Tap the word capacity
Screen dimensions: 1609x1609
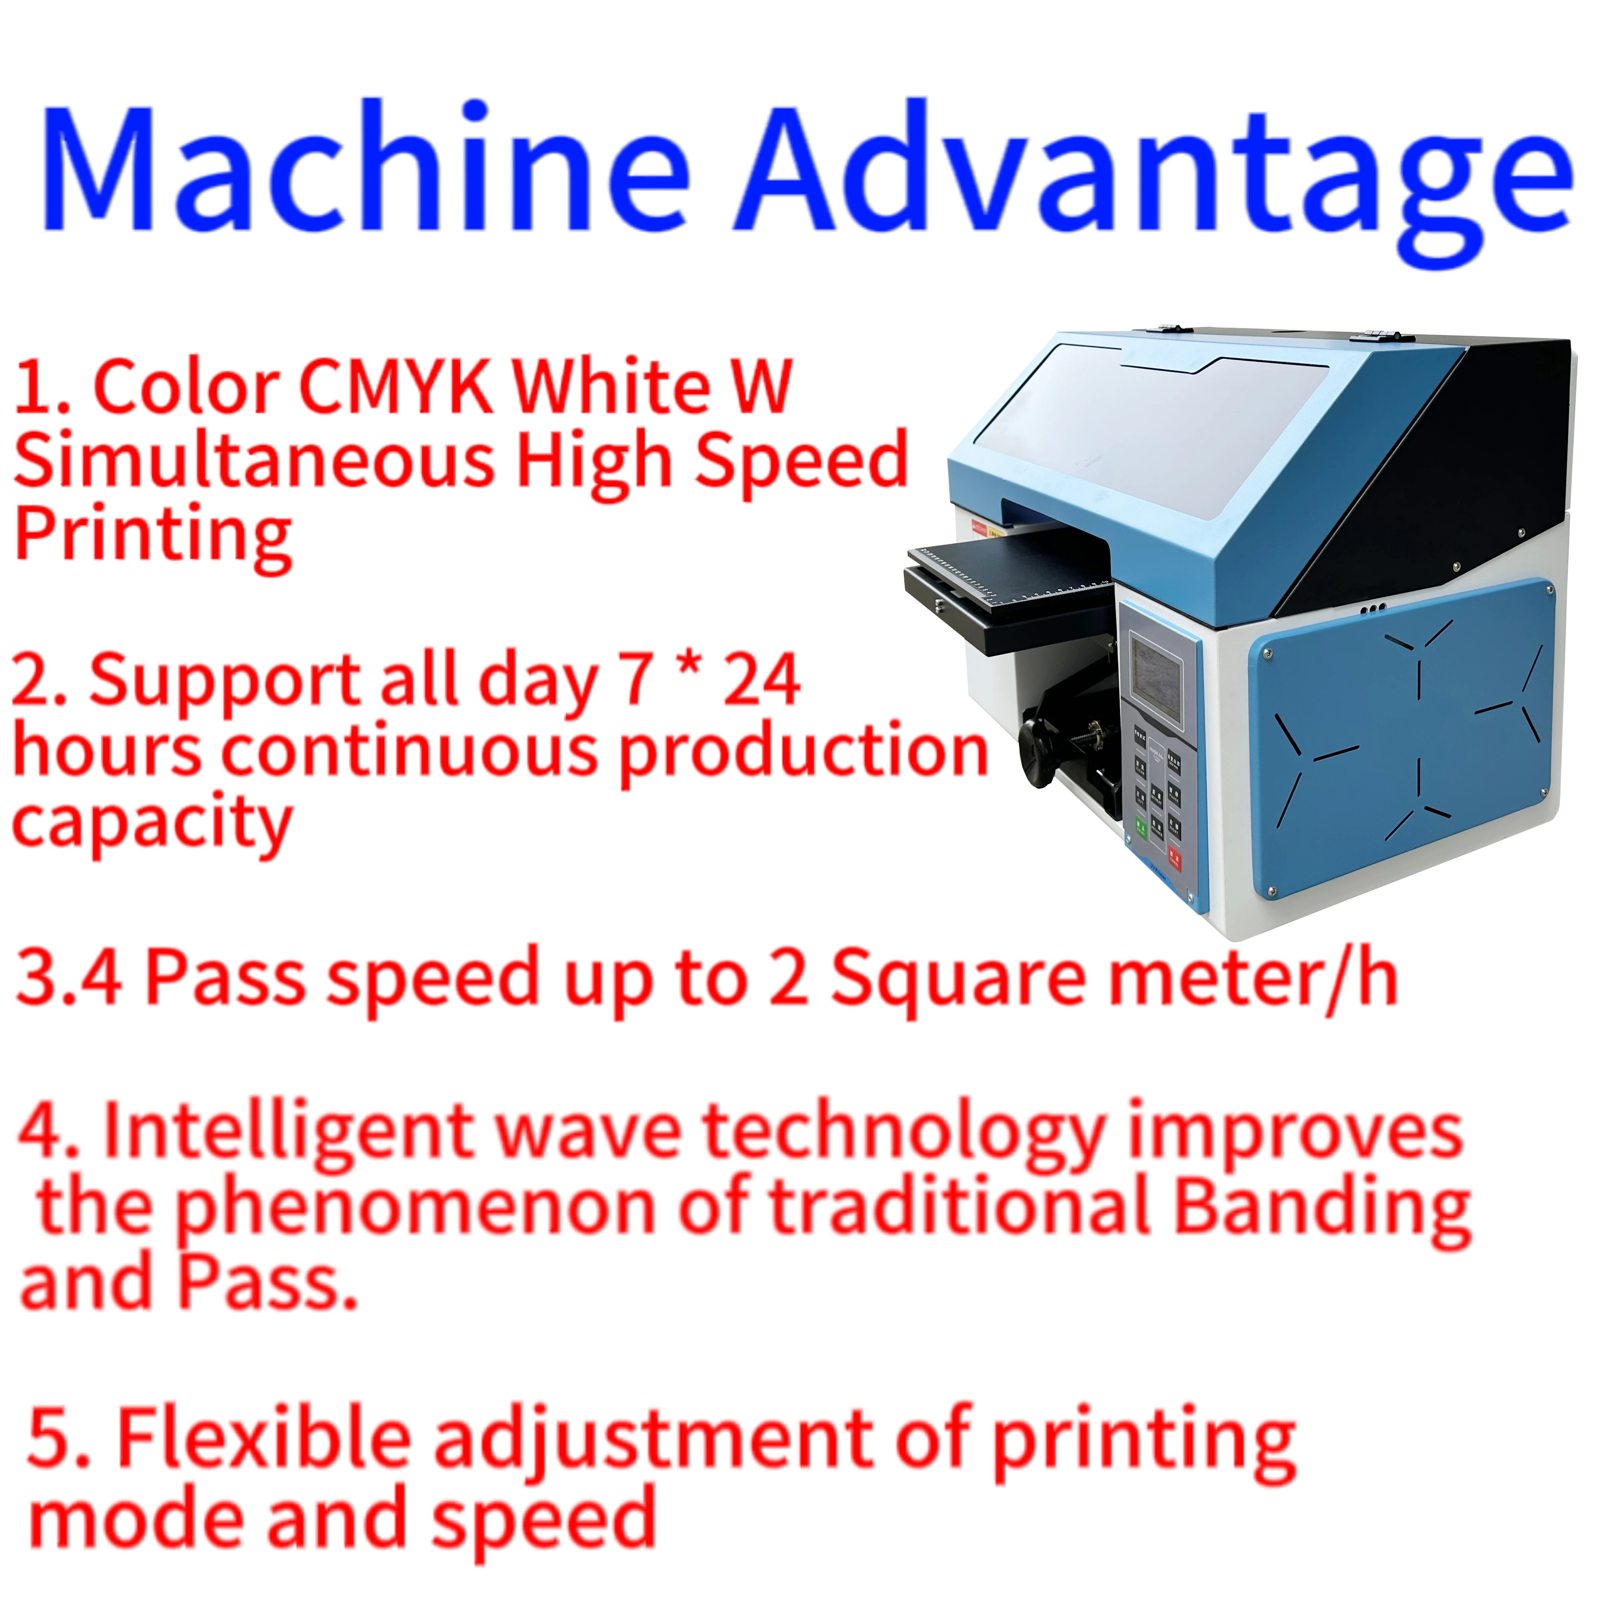[152, 824]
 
